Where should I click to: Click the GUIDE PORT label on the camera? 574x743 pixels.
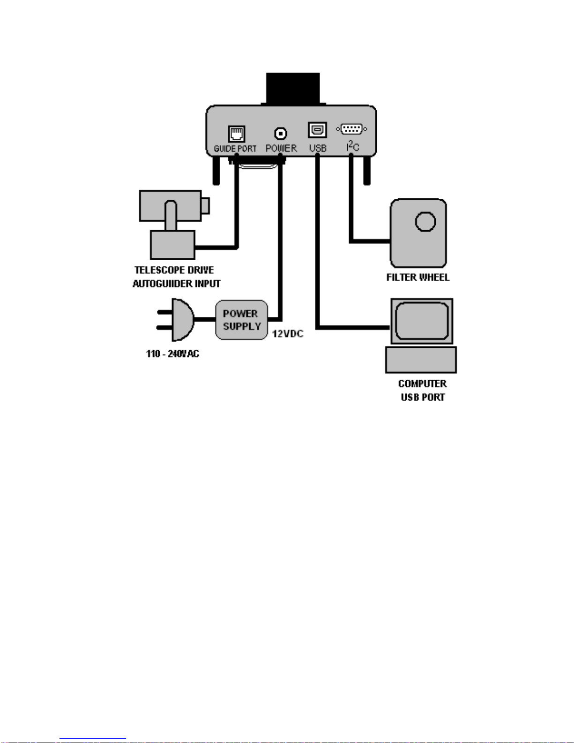tap(235, 149)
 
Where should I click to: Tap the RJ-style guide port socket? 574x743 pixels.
tap(237, 134)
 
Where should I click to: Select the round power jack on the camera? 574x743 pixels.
tap(281, 133)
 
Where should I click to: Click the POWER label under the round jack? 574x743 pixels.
tap(281, 149)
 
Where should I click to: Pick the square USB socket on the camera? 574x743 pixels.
tap(317, 130)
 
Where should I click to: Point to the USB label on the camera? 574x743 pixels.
tap(318, 149)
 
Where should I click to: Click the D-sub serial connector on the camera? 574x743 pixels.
tap(351, 129)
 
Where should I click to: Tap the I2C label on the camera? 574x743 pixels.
tap(352, 146)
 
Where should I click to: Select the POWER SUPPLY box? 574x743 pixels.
tap(242, 320)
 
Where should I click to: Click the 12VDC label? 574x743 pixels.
tap(288, 334)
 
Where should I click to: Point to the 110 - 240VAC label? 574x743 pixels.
tap(172, 354)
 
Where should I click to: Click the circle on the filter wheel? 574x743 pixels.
tap(425, 222)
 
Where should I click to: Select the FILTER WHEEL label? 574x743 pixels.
tap(418, 278)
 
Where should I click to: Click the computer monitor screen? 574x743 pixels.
tap(422, 321)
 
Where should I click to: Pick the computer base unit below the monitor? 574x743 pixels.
tap(421, 360)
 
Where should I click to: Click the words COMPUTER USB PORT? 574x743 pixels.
tap(423, 390)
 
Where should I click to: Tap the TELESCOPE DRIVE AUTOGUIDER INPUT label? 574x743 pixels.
tap(176, 277)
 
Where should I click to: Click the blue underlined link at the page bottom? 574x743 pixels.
tap(93, 738)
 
